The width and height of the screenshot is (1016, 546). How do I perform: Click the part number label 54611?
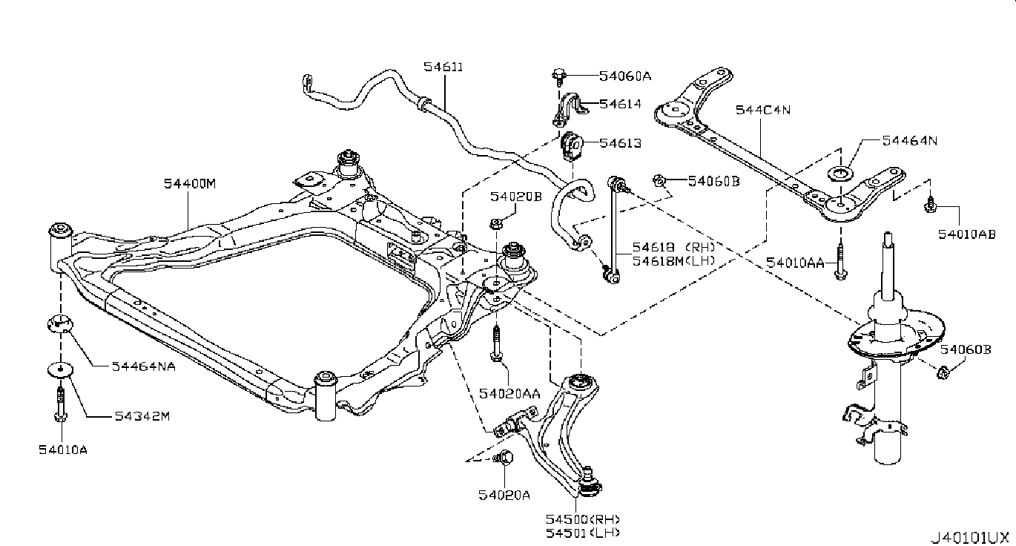click(443, 67)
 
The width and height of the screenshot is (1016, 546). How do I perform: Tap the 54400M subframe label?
click(189, 183)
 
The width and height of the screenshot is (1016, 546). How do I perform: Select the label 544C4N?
click(763, 110)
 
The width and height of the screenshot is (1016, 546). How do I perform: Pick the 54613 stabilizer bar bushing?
click(570, 144)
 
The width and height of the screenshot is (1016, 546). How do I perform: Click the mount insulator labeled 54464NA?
click(59, 323)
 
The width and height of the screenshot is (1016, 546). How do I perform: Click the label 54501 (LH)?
click(582, 532)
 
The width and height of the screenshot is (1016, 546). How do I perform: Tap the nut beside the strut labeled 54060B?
click(944, 371)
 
